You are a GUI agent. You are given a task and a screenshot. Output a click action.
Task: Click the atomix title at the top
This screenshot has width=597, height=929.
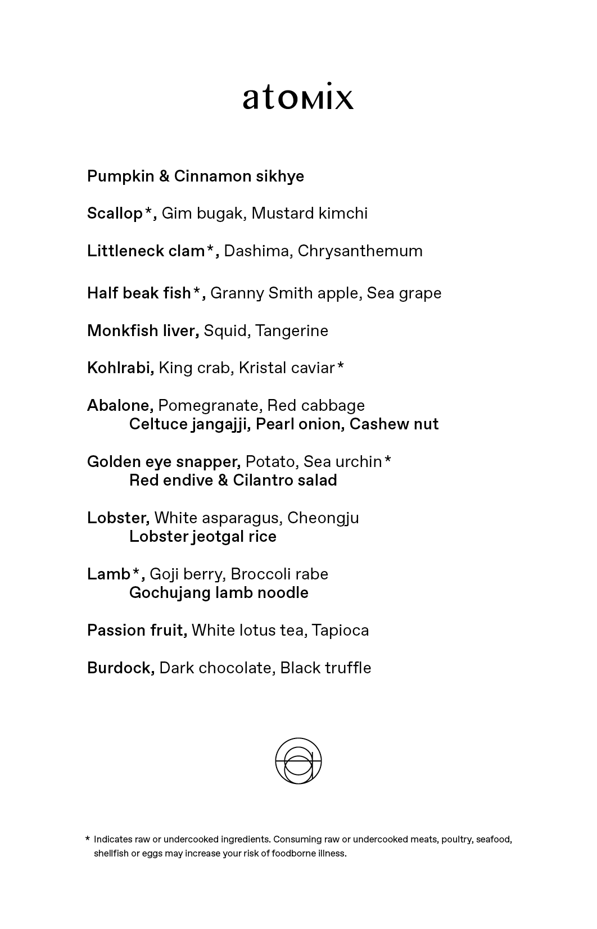coord(298,97)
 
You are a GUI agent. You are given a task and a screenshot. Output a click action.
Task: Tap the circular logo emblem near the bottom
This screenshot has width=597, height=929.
coord(298,761)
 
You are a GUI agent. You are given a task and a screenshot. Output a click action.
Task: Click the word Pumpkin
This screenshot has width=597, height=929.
coord(120,176)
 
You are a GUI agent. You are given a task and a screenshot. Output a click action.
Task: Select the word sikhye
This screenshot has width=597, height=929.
coord(280,176)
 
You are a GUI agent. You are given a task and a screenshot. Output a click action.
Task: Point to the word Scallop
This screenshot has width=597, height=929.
coord(115,214)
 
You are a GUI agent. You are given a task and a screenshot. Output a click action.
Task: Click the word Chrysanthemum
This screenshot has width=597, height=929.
coord(360,251)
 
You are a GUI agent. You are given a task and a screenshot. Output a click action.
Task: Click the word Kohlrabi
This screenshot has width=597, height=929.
coord(119,368)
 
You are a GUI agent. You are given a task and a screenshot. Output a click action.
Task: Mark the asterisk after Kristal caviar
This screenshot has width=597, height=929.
coord(340,366)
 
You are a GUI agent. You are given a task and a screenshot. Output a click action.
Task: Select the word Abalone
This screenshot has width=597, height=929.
coord(119,406)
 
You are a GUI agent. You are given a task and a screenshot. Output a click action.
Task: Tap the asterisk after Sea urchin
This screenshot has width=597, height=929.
coord(387,460)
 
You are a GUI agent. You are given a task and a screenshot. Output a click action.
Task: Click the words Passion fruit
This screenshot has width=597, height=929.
coord(136,631)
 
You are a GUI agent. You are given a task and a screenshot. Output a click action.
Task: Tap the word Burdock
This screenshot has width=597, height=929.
coord(120,668)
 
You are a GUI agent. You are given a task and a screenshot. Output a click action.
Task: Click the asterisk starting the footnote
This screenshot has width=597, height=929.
coord(88,839)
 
